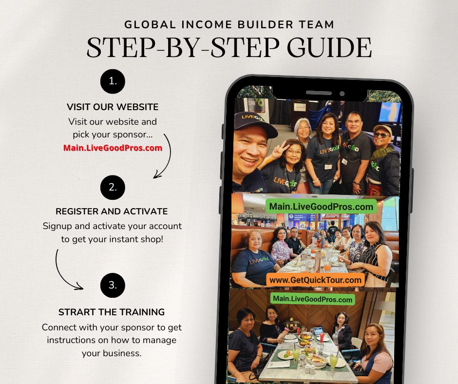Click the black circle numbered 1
coord(113,81)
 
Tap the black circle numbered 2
coord(113,187)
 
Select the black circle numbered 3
coord(113,285)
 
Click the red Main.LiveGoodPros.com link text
coord(113,148)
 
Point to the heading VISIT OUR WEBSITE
coord(113,107)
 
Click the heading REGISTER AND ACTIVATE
coord(112,211)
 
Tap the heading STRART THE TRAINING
coord(112,312)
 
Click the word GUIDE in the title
coord(329,47)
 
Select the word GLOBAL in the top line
coord(150,24)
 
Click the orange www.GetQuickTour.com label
coord(315,280)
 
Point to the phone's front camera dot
coord(342,94)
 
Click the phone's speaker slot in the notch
coord(319,93)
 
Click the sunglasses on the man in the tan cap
coord(382,135)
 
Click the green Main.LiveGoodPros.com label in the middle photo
coord(321,207)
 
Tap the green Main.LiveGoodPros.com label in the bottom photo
coord(312,299)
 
